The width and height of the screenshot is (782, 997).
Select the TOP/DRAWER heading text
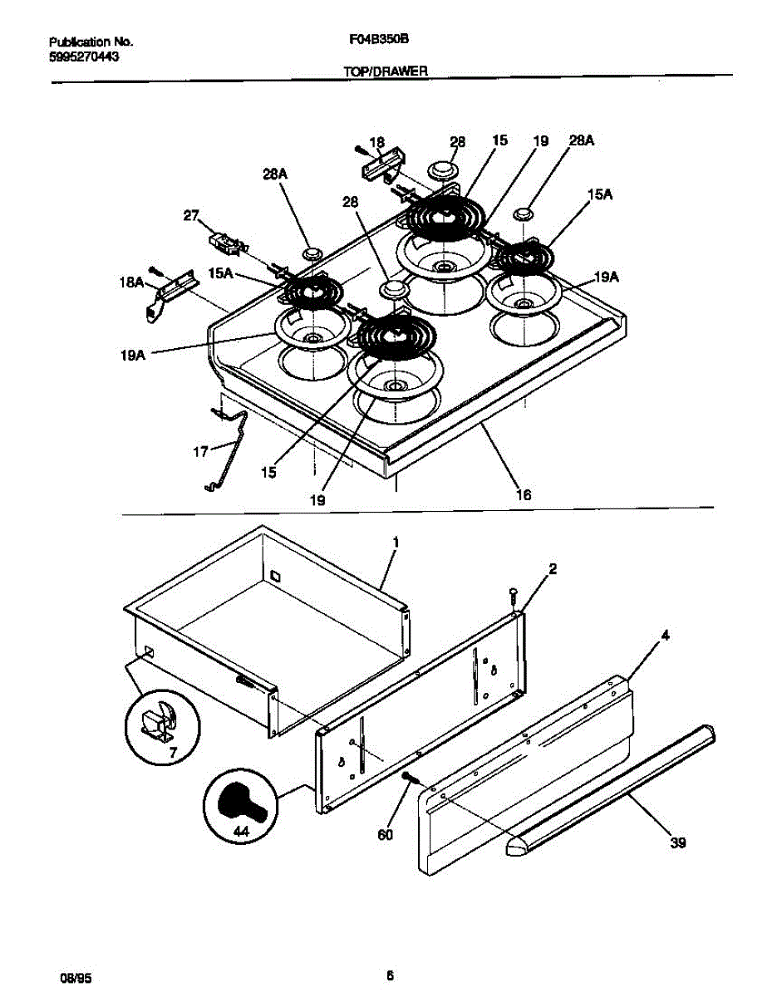point(386,72)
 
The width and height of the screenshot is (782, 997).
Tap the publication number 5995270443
point(80,56)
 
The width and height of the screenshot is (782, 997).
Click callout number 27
point(191,215)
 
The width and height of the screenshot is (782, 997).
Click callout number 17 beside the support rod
point(200,453)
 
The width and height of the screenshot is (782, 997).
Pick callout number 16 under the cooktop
point(523,494)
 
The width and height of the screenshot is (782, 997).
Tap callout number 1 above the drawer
point(396,542)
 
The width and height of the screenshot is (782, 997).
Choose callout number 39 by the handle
point(678,843)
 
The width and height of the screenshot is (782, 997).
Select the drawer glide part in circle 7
point(160,721)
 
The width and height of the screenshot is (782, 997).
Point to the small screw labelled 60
point(409,777)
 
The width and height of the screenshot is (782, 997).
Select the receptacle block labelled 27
point(225,243)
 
